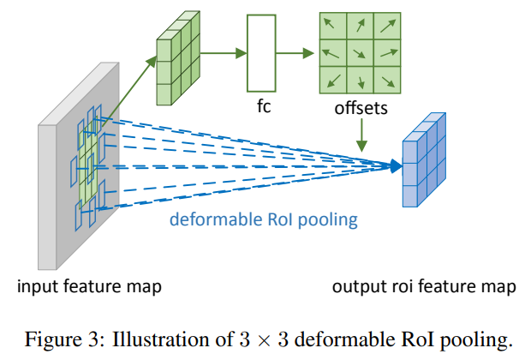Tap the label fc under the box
[x=264, y=109]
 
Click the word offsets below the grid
[x=360, y=110]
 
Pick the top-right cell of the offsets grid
[x=386, y=27]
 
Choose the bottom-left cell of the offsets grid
[x=332, y=81]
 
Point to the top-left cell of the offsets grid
[x=332, y=27]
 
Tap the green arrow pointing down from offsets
[x=363, y=134]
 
